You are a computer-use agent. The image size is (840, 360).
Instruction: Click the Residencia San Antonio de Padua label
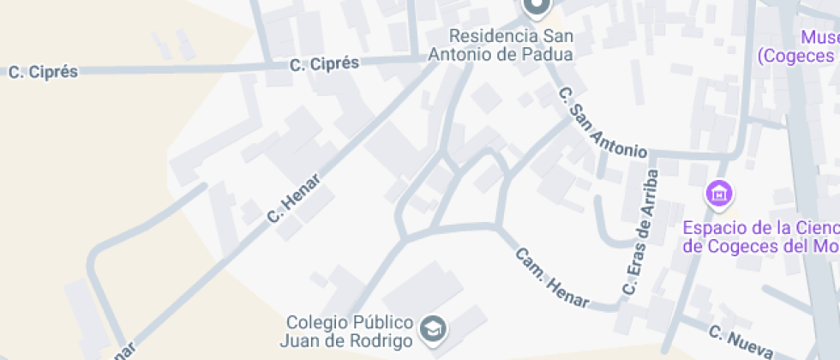(512, 45)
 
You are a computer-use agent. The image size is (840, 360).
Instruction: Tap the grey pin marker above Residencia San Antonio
(537, 8)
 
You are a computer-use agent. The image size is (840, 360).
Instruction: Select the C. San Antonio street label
(602, 123)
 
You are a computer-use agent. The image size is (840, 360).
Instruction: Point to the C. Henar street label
(294, 199)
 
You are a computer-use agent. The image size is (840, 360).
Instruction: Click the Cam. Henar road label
(553, 278)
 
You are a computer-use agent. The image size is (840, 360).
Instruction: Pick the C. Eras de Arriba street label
(641, 232)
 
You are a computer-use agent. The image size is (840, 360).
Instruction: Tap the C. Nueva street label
(741, 341)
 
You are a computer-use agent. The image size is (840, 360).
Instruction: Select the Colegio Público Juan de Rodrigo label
(350, 331)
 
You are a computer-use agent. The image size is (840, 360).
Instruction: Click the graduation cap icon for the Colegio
(431, 327)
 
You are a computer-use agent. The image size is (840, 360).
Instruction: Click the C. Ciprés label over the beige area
(43, 73)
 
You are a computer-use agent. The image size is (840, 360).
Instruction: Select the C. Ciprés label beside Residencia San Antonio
(324, 64)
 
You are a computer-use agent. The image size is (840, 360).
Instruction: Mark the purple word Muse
(819, 38)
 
